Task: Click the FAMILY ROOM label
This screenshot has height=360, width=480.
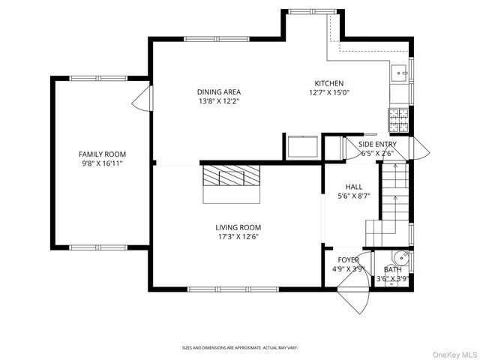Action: point(103,154)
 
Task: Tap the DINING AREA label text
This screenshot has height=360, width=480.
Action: point(219,92)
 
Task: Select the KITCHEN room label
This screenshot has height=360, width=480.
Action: point(328,83)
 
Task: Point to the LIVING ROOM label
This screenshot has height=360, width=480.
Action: point(238,227)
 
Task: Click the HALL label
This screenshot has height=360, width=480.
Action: point(354,187)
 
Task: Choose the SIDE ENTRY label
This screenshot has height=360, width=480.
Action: point(376,144)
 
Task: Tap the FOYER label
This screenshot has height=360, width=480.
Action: point(348,259)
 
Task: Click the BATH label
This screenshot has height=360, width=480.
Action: point(392,269)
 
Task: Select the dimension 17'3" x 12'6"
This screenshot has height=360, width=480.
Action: point(238,237)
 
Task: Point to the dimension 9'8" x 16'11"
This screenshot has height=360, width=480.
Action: point(103,163)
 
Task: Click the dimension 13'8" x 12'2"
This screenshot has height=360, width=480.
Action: point(219,101)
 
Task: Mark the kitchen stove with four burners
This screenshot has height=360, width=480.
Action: point(397,116)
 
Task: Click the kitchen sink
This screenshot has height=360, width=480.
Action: point(400,73)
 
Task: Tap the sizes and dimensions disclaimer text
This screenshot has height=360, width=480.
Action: point(240,347)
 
